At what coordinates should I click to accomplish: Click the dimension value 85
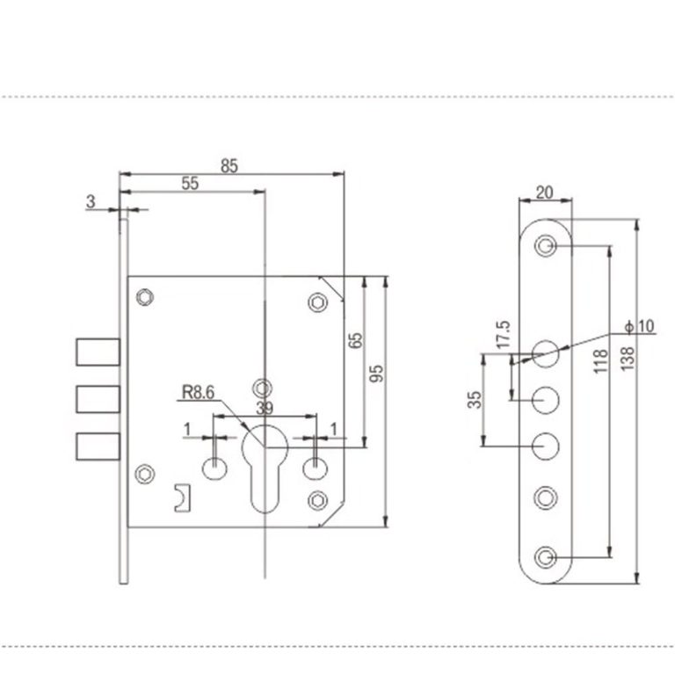(229, 164)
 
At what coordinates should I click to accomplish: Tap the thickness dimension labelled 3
(91, 201)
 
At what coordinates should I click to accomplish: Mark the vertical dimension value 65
(355, 343)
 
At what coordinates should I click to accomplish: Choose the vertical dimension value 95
(377, 374)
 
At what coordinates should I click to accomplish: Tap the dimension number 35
(475, 400)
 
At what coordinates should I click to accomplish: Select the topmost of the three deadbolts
(96, 352)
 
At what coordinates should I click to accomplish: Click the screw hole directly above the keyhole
(261, 386)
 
